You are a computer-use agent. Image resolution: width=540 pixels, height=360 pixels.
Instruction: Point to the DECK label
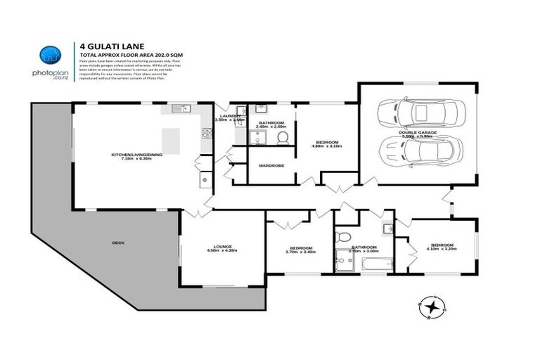click(x=117, y=243)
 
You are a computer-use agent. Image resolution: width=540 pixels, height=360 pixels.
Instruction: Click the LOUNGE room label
click(x=222, y=246)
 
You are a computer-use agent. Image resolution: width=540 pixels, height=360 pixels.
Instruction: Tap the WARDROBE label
click(x=271, y=167)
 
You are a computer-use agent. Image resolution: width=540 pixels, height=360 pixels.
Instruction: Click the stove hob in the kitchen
click(x=207, y=131)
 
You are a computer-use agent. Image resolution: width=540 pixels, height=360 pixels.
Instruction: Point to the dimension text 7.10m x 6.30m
click(x=136, y=159)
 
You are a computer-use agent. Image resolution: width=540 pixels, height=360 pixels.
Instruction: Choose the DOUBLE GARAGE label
click(x=418, y=131)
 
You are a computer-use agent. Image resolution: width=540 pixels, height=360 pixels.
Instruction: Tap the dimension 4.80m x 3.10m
click(x=326, y=147)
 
